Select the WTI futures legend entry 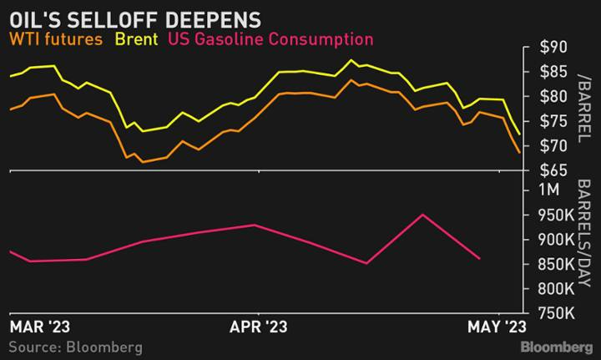coord(56,38)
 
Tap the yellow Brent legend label coord(138,38)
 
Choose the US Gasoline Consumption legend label coord(270,38)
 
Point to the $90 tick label coord(548,48)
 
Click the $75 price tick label coord(548,121)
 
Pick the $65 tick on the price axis coord(548,170)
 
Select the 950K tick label coord(549,215)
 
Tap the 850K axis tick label coord(549,265)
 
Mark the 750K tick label coord(549,314)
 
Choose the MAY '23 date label coord(498,326)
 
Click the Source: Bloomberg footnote coord(75,346)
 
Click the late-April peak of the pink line coord(423,215)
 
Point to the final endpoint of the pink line coord(479,259)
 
